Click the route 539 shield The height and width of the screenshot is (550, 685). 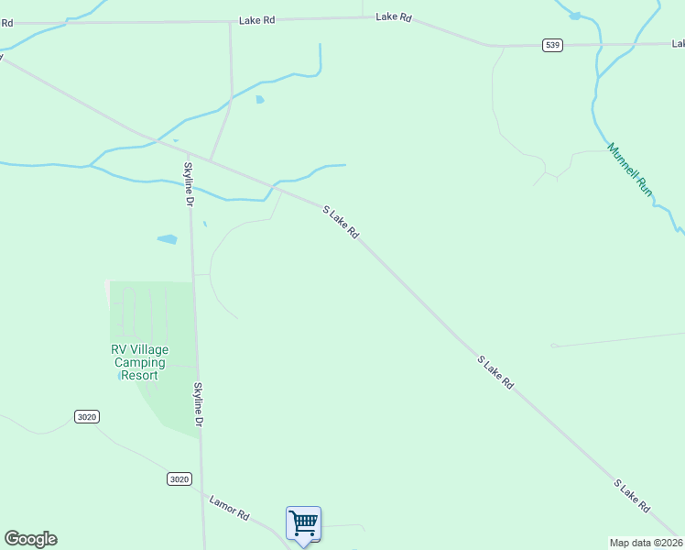pos(551,45)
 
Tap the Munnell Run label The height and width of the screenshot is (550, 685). pos(630,169)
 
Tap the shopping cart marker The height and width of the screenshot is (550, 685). pos(303,524)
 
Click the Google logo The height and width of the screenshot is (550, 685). pos(30,539)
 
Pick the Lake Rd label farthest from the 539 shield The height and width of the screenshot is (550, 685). pos(256,20)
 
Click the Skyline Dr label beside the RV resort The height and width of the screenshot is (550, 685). pos(197,404)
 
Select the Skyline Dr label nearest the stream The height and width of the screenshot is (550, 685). pos(189,183)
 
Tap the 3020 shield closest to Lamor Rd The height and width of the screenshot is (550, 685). pos(179,478)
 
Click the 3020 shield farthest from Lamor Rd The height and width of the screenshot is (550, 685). pos(86,417)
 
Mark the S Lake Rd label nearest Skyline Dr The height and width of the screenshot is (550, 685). pos(341,223)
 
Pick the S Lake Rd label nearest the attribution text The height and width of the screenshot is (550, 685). pos(632,496)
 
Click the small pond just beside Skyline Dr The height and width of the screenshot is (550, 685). pos(167,239)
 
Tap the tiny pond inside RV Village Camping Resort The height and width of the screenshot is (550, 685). pos(123,375)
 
